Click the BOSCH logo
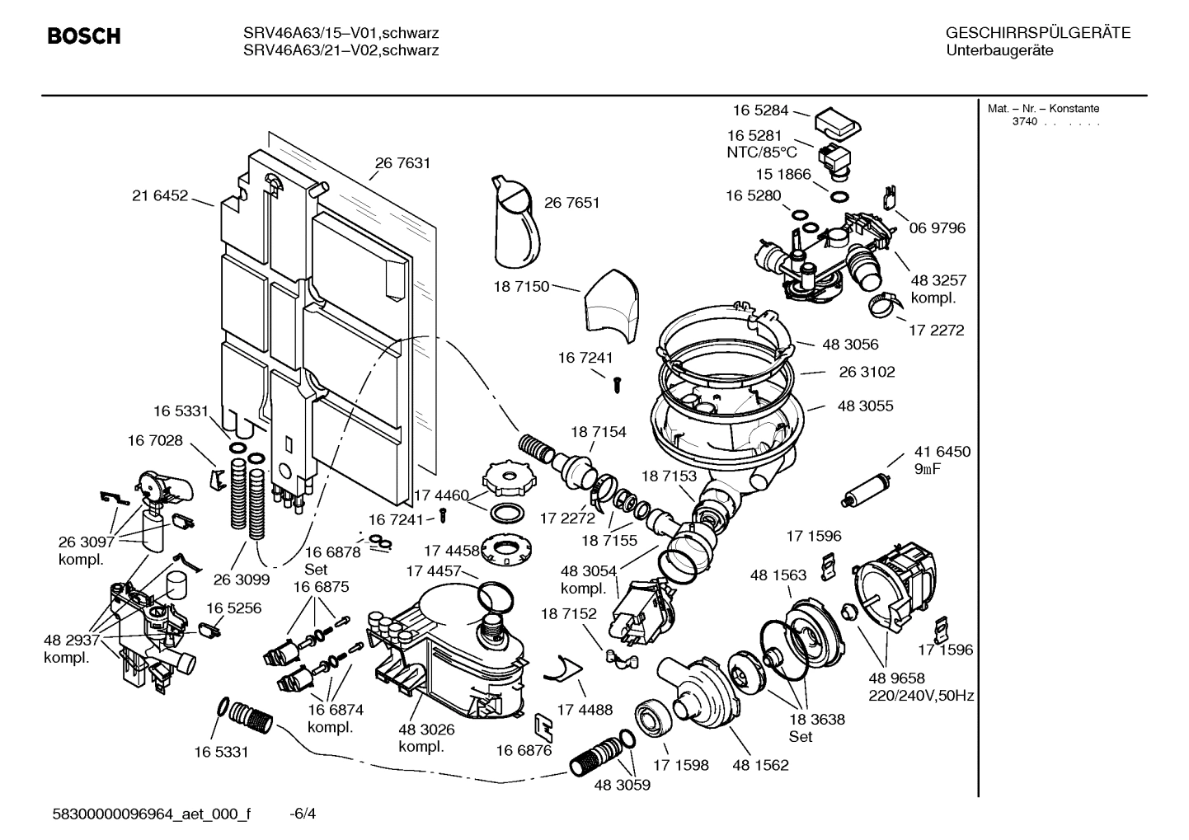[x=84, y=36]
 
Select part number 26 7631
[x=402, y=163]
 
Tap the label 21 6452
[x=160, y=196]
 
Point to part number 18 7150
[x=521, y=286]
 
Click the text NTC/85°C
[x=762, y=153]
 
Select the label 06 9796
[x=937, y=228]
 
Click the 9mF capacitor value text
[x=928, y=469]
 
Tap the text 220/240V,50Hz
[x=921, y=696]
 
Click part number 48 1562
[x=760, y=765]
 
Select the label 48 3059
[x=622, y=785]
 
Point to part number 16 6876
[x=524, y=750]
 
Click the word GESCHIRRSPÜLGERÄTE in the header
[x=1037, y=34]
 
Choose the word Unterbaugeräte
[x=999, y=51]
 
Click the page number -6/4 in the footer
[x=303, y=814]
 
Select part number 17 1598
[x=680, y=765]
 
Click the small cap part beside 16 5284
[x=837, y=124]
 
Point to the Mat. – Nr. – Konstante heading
[x=1043, y=109]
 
